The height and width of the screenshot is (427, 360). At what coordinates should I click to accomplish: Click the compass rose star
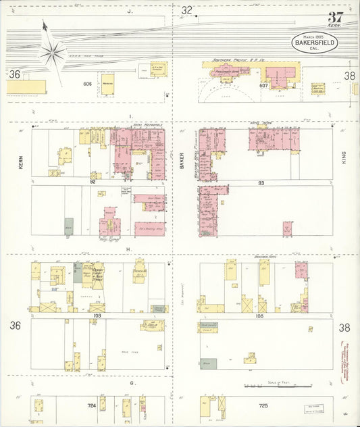click(53, 50)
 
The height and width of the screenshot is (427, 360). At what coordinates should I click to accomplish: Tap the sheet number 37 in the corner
click(336, 18)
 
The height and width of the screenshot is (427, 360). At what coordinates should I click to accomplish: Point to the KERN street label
click(21, 162)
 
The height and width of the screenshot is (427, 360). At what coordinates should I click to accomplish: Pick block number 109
click(97, 316)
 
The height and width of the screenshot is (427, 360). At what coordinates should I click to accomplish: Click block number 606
click(87, 84)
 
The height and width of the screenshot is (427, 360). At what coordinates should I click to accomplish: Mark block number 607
click(264, 86)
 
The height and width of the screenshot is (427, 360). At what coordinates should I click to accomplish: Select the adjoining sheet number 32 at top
click(186, 10)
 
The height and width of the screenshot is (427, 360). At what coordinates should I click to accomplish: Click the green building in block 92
click(69, 226)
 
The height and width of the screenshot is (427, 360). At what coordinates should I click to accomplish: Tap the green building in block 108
click(208, 363)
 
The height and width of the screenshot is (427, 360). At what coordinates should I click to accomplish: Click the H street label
click(128, 250)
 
